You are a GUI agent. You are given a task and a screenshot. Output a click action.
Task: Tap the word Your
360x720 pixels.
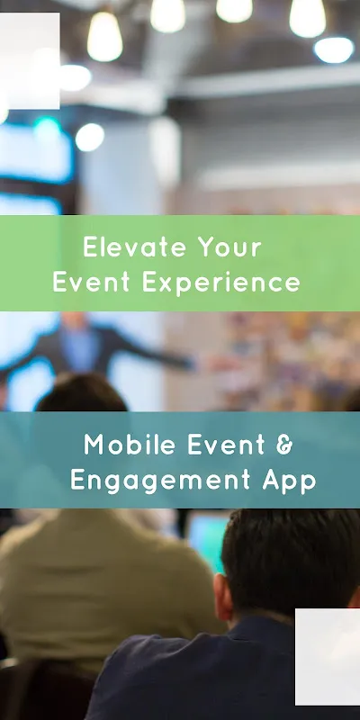pos(231,247)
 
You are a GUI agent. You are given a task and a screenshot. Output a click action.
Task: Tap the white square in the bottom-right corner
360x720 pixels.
pos(328,656)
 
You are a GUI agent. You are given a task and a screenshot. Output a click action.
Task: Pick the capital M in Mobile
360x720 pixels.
pos(94,444)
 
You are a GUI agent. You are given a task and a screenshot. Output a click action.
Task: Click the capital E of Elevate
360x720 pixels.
pos(88,247)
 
